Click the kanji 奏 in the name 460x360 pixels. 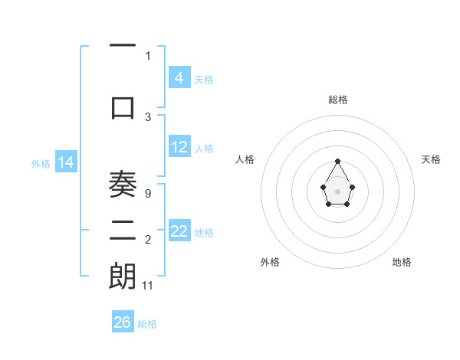click(123, 184)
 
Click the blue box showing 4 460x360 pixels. click(179, 77)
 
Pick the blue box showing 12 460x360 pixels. click(179, 147)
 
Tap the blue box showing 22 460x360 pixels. click(179, 231)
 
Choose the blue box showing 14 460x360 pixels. click(65, 162)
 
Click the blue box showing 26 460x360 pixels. click(122, 322)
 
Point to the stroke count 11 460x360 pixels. click(148, 285)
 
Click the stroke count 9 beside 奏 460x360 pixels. click(147, 194)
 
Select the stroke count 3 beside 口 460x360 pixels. click(148, 116)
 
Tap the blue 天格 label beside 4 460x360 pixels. click(204, 79)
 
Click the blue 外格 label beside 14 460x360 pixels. click(40, 163)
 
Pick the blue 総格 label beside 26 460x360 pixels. click(147, 323)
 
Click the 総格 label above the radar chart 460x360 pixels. click(337, 100)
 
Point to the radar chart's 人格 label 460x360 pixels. click(245, 159)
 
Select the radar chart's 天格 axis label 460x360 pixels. click(431, 159)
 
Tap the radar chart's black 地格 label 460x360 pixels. click(402, 262)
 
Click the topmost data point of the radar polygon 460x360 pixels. click(337, 161)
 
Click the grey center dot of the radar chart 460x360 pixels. click(337, 191)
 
